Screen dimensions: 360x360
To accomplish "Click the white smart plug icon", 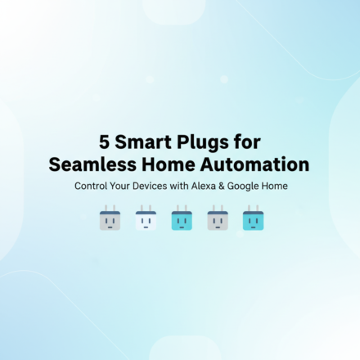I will (x=146, y=219).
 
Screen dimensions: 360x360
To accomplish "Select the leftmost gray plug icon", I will (x=110, y=219).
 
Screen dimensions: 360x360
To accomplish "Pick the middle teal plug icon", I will (x=181, y=219).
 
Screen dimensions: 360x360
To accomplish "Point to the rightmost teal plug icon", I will (x=252, y=219).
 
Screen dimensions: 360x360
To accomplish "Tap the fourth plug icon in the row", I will (x=217, y=219).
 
